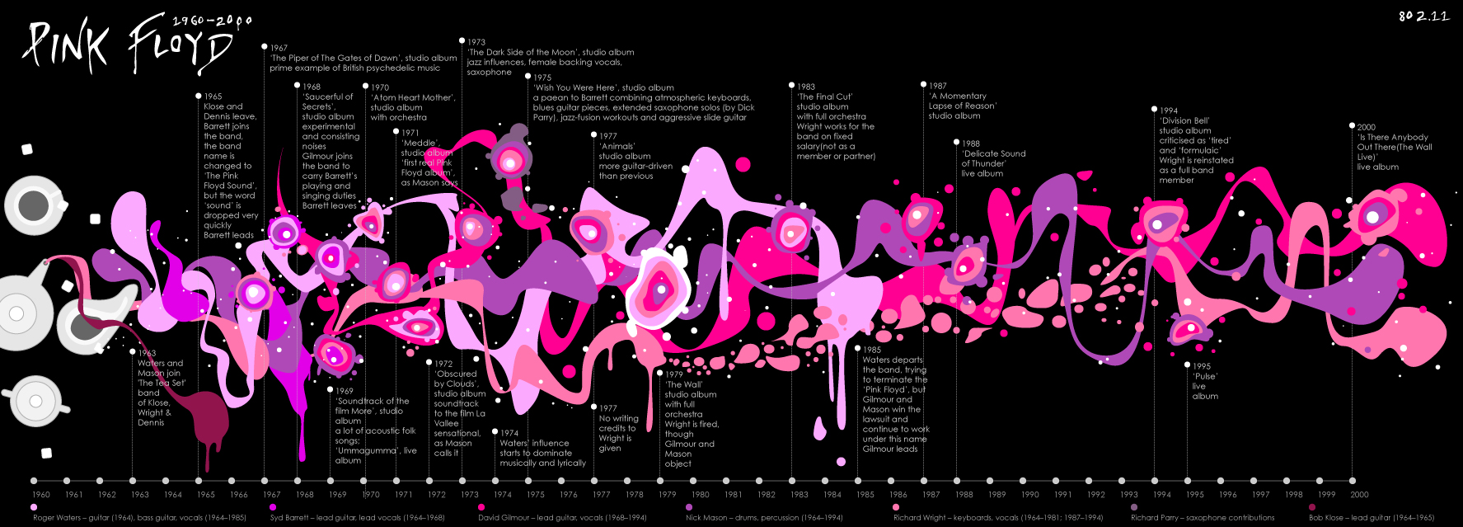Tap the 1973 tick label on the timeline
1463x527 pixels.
[470, 495]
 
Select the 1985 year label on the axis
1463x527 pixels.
[865, 495]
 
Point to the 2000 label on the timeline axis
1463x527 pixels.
[1359, 495]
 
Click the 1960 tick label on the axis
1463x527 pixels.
[41, 495]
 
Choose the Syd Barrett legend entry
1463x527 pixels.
[357, 518]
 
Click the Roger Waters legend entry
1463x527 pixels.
[139, 518]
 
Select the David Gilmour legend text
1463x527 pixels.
[562, 518]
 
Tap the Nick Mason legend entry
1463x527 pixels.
[764, 518]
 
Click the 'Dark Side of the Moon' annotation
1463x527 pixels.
[550, 57]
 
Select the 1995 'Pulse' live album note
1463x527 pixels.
[1205, 381]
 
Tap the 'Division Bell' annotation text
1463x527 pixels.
[1195, 145]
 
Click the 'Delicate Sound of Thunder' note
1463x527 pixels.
[992, 158]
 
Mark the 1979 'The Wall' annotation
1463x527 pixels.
[690, 419]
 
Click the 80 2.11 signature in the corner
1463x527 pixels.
[1423, 16]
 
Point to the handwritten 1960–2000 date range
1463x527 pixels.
[212, 21]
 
